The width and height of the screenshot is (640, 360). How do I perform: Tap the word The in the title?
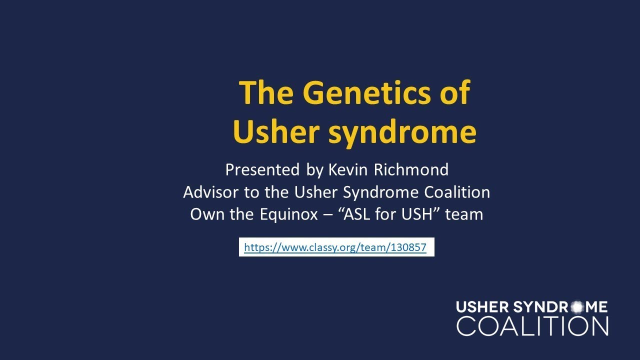click(267, 93)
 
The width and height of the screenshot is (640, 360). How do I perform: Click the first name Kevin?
click(347, 170)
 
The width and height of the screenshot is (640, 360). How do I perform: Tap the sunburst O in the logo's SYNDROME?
click(577, 307)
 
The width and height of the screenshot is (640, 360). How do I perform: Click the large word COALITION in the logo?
click(532, 326)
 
